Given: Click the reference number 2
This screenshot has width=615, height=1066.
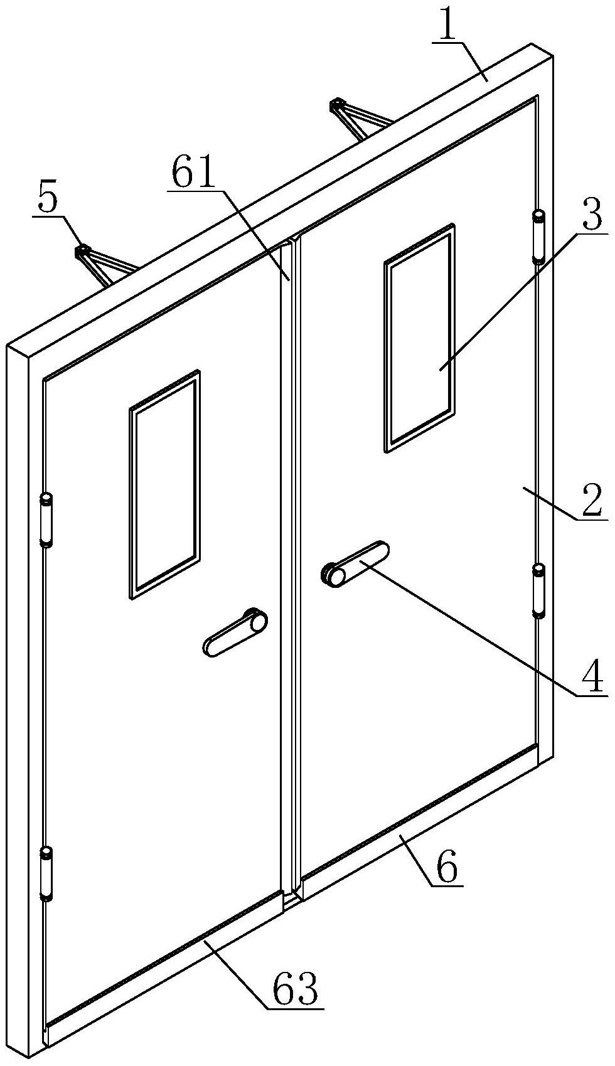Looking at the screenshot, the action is click(x=591, y=501).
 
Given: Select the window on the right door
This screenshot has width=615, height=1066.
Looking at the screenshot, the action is click(x=419, y=338).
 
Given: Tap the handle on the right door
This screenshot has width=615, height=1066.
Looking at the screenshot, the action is click(x=355, y=564).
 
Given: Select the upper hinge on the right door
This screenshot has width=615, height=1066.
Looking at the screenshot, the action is click(x=538, y=236).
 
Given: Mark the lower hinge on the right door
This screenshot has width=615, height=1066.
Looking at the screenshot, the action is click(x=538, y=590).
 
